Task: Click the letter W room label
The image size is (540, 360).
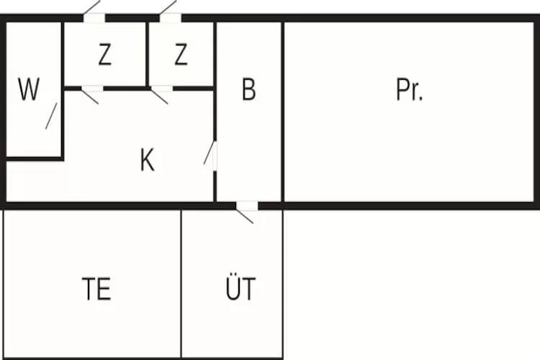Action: [29, 89]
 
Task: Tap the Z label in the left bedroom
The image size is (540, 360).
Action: [105, 55]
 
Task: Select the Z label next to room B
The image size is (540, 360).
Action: [181, 55]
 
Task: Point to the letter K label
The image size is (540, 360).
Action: [148, 160]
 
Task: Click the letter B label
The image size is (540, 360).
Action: [249, 89]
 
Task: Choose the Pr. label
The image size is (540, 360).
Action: [410, 89]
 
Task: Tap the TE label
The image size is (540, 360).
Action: [96, 289]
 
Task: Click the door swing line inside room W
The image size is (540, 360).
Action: [51, 116]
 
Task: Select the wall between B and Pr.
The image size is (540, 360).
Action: [283, 112]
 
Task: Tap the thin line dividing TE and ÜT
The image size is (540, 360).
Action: [181, 284]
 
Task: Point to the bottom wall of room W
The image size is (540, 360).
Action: [35, 159]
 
